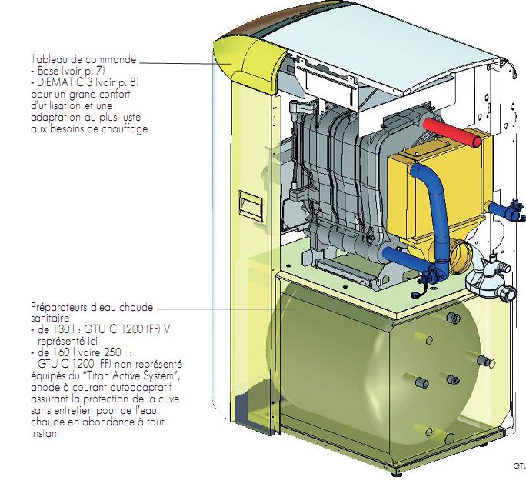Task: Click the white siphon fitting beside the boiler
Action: [488, 273]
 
